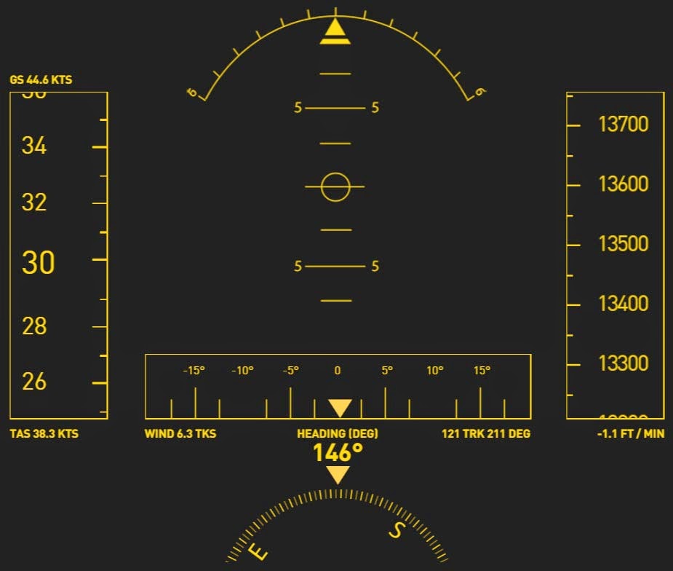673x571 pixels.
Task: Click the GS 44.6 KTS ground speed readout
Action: point(41,79)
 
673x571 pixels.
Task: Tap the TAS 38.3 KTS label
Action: point(44,433)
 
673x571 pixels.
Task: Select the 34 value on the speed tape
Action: point(34,146)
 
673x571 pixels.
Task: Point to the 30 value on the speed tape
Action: point(38,263)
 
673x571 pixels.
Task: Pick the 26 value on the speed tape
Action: point(34,381)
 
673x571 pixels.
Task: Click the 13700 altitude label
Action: point(623,125)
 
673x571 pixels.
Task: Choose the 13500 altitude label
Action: point(623,243)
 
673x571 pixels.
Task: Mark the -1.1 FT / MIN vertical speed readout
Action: point(628,433)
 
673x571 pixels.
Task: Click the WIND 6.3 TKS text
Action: point(180,433)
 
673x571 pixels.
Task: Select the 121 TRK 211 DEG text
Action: point(486,433)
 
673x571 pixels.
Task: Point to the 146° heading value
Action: point(338,453)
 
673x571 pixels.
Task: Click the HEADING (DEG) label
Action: point(338,433)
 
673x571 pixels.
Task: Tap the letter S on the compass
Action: point(397,530)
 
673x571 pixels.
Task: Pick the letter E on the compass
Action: point(258,551)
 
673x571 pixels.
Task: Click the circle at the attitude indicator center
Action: point(335,187)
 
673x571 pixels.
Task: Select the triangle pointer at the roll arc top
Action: point(335,31)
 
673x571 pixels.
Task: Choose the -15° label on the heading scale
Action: point(194,371)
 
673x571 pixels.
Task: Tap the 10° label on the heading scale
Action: point(434,371)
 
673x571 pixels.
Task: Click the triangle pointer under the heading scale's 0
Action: point(340,408)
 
